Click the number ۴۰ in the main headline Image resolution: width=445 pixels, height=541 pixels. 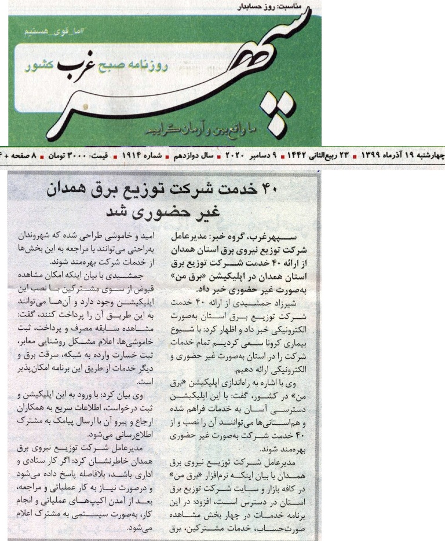tap(304, 189)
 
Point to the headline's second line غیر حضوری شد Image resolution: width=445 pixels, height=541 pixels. tap(162, 212)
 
